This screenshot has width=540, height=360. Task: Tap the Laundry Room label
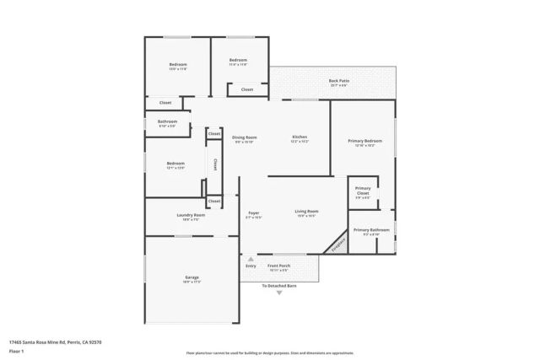click(x=191, y=215)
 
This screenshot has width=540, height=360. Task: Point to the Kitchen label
click(x=300, y=137)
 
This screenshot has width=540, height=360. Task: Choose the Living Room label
click(x=306, y=211)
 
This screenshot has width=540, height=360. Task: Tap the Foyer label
click(x=253, y=212)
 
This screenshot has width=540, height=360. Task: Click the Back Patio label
click(x=339, y=81)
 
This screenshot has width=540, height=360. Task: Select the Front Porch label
click(x=278, y=266)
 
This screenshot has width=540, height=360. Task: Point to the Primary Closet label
click(x=363, y=190)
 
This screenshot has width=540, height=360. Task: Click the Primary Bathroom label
click(x=371, y=230)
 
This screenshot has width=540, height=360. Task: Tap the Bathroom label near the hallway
click(x=167, y=121)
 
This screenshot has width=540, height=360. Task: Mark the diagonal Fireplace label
click(x=338, y=243)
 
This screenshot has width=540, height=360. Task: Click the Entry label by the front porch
click(x=251, y=266)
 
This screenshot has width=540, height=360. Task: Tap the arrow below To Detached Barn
click(x=279, y=293)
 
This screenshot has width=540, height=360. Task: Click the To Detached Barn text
click(x=279, y=286)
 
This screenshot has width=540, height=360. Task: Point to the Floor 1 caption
click(x=16, y=350)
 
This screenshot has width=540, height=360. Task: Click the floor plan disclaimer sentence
click(x=270, y=352)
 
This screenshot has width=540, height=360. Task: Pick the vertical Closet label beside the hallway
click(x=214, y=164)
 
